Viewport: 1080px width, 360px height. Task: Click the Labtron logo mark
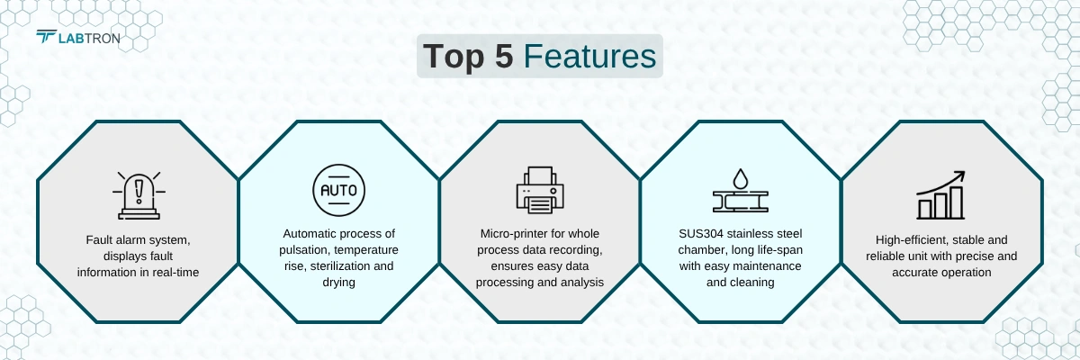click(46, 37)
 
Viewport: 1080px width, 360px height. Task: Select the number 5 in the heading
click(503, 56)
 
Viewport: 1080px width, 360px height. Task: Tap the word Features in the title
click(589, 56)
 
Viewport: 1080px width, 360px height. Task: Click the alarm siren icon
click(139, 195)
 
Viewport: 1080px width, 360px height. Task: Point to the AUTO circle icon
click(338, 190)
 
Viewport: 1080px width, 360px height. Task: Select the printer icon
click(540, 190)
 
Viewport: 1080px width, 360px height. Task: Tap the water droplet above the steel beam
click(740, 178)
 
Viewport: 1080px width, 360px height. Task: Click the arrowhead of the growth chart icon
click(959, 175)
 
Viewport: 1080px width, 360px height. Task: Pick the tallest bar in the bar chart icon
click(957, 202)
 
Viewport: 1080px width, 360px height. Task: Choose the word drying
click(338, 283)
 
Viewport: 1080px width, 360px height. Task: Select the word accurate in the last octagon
click(913, 273)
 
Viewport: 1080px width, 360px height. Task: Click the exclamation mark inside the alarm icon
click(139, 191)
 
